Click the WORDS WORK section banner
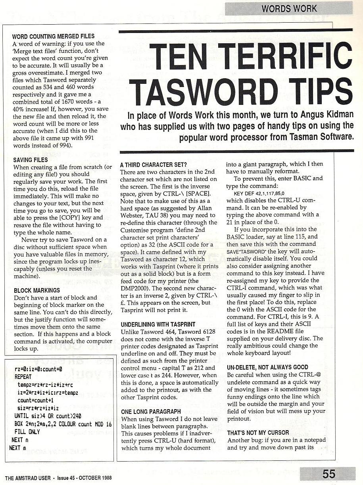click(289, 8)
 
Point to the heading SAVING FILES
click(31, 160)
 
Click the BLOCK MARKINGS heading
click(37, 290)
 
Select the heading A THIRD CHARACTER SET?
click(153, 164)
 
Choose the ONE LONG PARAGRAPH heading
click(151, 412)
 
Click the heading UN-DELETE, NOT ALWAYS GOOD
click(268, 367)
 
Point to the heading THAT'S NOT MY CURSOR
click(258, 433)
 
